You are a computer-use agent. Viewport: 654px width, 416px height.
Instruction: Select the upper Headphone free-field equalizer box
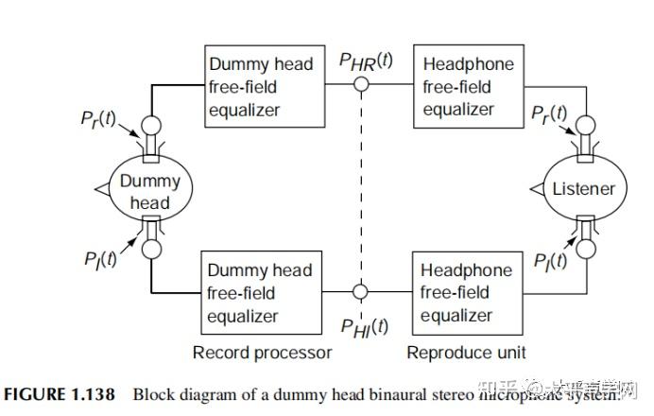coord(469,86)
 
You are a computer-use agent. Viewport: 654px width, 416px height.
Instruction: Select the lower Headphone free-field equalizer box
coord(469,292)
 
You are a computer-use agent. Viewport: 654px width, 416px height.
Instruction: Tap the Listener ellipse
coord(583,189)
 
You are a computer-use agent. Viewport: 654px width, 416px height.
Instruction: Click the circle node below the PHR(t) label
coord(361,85)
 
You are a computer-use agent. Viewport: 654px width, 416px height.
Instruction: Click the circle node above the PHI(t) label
coord(361,292)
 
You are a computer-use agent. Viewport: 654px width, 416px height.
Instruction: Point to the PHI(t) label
coord(365,326)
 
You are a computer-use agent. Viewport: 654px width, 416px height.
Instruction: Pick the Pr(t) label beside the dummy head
coord(98,121)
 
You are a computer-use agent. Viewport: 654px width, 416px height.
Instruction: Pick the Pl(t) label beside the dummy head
coord(98,258)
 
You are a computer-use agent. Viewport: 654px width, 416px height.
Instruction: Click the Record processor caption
coord(262,352)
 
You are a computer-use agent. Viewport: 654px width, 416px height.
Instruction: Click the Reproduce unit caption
coord(466,352)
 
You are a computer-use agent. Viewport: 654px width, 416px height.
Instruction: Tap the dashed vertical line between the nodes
coord(361,189)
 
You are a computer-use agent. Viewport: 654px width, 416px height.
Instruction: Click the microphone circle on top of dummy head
coord(150,127)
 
